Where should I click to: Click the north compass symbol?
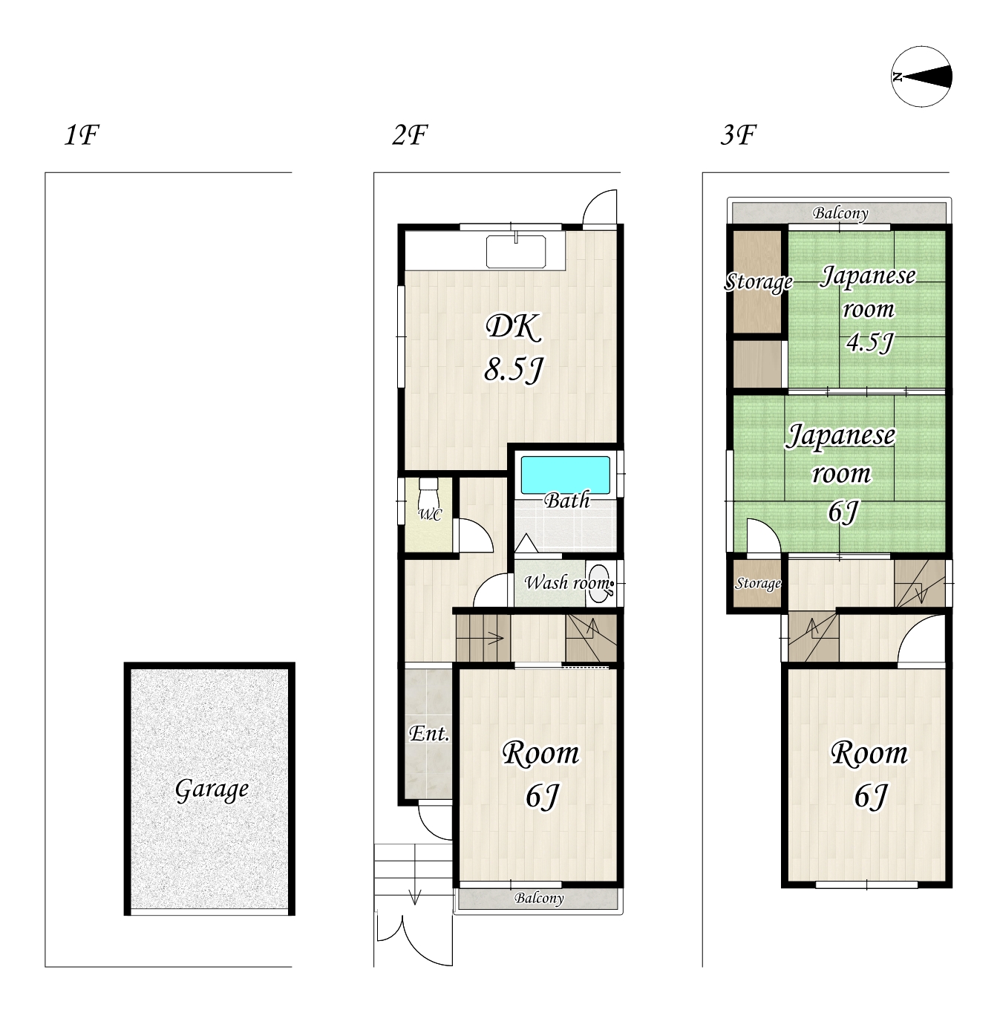(921, 76)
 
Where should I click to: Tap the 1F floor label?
(82, 135)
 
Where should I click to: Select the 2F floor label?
(409, 135)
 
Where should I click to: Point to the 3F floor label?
(738, 135)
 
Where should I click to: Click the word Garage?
(212, 789)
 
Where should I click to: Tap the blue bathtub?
(566, 475)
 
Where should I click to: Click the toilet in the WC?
(429, 492)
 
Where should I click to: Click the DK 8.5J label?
(514, 348)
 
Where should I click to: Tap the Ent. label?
(429, 734)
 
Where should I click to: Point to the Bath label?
(566, 501)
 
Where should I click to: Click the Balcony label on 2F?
(539, 899)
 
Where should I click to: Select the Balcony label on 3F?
(840, 213)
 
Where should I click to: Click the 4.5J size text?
(869, 342)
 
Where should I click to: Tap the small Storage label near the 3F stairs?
(758, 584)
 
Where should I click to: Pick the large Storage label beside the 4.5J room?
(758, 282)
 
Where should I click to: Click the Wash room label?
(567, 582)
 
